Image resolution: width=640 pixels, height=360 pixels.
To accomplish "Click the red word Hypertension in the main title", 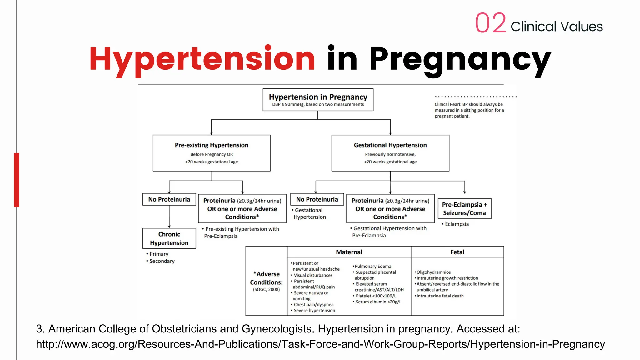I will [x=202, y=58].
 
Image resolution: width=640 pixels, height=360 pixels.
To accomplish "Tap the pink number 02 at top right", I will [x=490, y=23].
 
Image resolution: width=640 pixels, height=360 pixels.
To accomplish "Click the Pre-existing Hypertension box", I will [x=212, y=153].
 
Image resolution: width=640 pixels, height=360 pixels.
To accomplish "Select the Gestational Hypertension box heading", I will [x=390, y=145].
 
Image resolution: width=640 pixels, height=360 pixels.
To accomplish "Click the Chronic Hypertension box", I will [x=169, y=238].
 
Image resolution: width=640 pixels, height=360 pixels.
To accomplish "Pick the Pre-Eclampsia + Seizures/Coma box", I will [x=464, y=209].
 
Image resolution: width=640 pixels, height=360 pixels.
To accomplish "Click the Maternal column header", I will [x=349, y=252].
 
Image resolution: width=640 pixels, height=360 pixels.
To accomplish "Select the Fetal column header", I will [x=457, y=252].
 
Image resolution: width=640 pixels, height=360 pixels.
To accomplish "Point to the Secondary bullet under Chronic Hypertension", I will [x=162, y=261].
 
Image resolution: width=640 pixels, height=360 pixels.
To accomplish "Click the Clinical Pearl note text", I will [x=469, y=110].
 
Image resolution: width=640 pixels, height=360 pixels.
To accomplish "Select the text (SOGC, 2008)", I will [x=266, y=290].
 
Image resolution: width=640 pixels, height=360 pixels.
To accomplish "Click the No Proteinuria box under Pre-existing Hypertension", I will [x=169, y=199].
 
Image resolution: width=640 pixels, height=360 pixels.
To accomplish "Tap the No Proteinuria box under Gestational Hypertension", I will [x=317, y=199].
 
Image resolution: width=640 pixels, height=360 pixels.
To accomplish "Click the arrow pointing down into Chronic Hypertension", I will [x=169, y=226].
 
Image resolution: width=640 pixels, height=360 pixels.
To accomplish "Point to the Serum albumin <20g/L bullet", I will [x=378, y=302].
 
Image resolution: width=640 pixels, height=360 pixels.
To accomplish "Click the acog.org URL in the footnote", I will [x=320, y=344].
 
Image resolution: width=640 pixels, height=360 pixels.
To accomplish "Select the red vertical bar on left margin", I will [x=17, y=180].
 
